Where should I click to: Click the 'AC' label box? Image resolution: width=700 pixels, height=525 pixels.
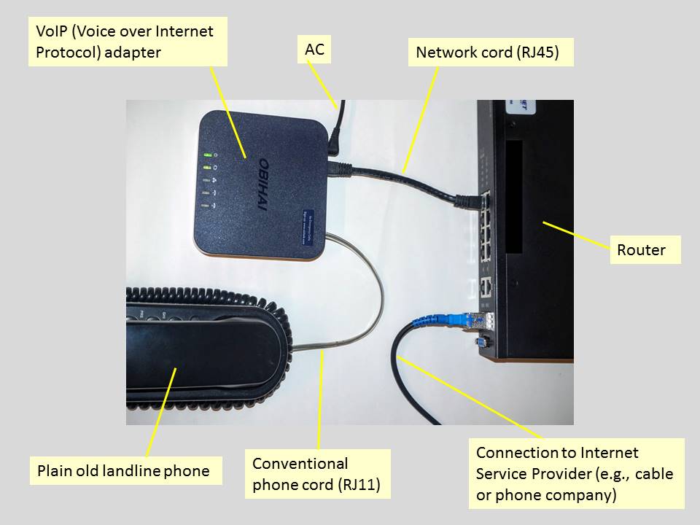[x=314, y=50]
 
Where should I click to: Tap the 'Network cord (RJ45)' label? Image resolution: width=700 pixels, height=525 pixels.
[x=490, y=52]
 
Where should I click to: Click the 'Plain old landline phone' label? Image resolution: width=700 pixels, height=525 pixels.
[x=125, y=470]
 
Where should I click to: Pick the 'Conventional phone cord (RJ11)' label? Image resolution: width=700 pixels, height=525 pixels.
[x=317, y=474]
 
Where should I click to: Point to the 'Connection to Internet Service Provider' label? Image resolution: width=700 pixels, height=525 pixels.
[x=576, y=473]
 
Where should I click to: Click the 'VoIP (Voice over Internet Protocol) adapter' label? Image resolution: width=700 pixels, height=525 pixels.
[x=128, y=42]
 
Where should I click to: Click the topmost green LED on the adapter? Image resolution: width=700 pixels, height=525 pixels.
[x=208, y=155]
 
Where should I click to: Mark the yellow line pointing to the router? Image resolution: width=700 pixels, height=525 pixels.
[x=576, y=234]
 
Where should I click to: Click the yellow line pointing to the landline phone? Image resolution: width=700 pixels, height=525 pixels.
[x=162, y=412]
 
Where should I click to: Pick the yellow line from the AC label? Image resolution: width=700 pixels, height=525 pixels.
[x=323, y=84]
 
